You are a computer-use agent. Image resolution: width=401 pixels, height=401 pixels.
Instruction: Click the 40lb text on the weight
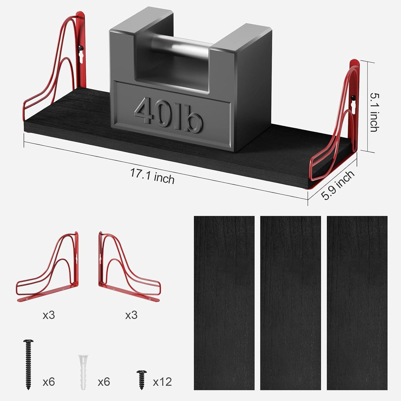pyautogui.click(x=169, y=115)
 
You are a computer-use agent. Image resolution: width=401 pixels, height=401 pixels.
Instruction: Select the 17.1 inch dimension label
pyautogui.click(x=152, y=176)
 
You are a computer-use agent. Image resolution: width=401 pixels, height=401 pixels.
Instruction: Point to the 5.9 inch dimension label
pyautogui.click(x=337, y=185)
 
